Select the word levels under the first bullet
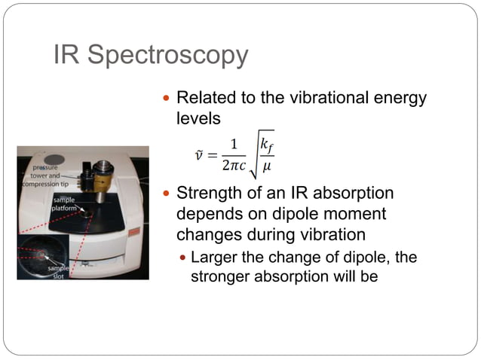[198, 118]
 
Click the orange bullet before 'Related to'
[167, 99]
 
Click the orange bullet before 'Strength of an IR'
[167, 195]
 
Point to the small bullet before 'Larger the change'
[183, 258]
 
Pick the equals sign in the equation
[213, 156]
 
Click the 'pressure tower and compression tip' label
[47, 175]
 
